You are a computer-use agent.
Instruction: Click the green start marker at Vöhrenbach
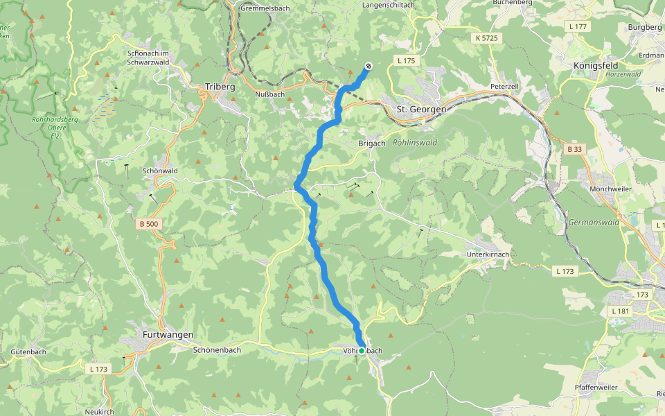coord(362,351)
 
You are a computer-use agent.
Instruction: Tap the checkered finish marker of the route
coord(369,67)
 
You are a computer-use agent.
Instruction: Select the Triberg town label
coord(220,87)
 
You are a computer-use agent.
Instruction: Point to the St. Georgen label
coord(421,110)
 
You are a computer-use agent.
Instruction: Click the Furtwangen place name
coord(168,334)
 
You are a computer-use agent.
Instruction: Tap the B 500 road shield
coord(148,223)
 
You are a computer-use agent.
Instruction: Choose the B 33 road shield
coord(575,149)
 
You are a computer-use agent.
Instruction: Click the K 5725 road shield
coord(488,38)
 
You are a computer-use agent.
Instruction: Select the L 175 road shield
coord(407,61)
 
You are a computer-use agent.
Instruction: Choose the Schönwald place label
coord(160,171)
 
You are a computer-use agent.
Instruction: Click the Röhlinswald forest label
coord(415,143)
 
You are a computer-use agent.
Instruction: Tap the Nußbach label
coord(270,94)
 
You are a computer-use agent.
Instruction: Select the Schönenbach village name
coord(218,350)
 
